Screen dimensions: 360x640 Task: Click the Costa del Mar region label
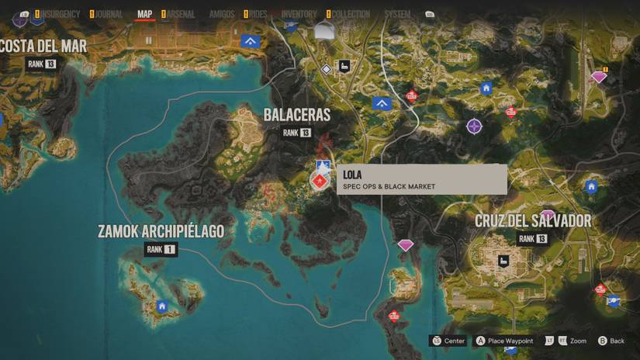click(44, 45)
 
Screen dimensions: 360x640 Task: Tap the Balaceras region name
click(296, 115)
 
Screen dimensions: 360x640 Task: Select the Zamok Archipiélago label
click(161, 231)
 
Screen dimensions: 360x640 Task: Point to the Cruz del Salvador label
click(533, 221)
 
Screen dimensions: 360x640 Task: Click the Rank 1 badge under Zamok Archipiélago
click(161, 249)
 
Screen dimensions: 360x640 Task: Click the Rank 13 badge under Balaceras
click(296, 133)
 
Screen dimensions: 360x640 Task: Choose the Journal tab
click(107, 14)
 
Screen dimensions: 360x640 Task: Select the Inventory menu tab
click(299, 14)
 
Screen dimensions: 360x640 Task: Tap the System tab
click(397, 14)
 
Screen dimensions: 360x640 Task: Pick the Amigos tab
click(222, 14)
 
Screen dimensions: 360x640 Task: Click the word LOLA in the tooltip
click(352, 175)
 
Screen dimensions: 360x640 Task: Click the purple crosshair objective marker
click(474, 126)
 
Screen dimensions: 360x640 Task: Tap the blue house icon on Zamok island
click(162, 306)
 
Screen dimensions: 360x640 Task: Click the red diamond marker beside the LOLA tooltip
click(318, 182)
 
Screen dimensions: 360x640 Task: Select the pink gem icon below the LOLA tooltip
click(406, 245)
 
